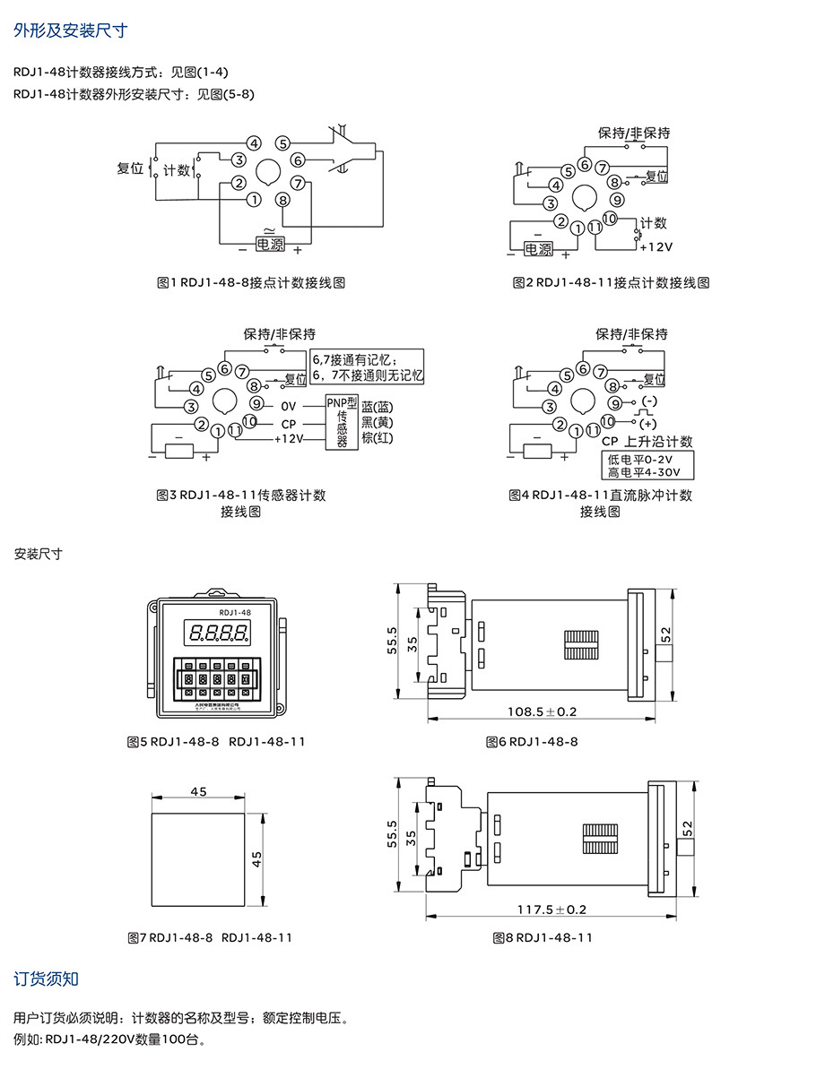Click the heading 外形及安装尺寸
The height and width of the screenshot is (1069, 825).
(x=71, y=30)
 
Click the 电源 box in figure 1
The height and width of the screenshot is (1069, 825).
(x=269, y=243)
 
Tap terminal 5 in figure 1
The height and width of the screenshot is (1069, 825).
(x=283, y=142)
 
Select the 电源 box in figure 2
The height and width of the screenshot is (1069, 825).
(x=539, y=248)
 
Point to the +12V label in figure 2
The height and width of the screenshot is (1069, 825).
(x=656, y=246)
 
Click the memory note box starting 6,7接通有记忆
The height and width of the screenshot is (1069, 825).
(x=367, y=367)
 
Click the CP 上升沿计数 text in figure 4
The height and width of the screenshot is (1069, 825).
(x=647, y=442)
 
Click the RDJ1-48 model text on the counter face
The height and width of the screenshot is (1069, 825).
(x=215, y=612)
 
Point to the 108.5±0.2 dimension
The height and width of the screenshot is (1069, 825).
(x=542, y=711)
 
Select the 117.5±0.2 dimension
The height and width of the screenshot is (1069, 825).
(x=551, y=909)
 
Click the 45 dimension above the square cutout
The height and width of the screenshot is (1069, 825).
(x=199, y=791)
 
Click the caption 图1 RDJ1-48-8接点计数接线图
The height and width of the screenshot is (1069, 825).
(x=251, y=282)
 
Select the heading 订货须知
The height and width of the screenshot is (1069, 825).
(x=47, y=978)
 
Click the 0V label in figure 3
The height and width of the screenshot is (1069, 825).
(x=288, y=406)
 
